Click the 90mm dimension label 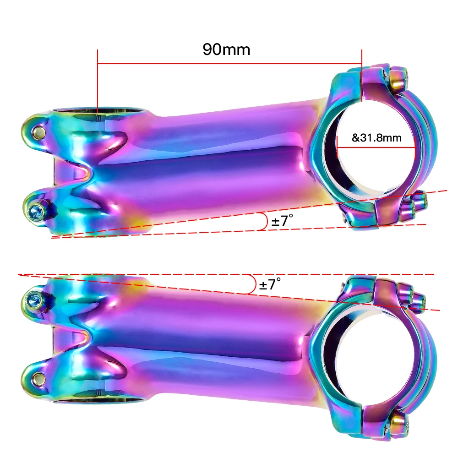tap(226, 49)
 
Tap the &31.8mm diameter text tap(376, 138)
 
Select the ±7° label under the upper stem tap(282, 221)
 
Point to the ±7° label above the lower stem tap(269, 284)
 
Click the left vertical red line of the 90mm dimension tap(98, 80)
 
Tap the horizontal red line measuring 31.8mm tap(376, 148)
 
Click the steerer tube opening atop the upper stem tap(98, 111)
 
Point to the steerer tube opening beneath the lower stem tap(98, 399)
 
